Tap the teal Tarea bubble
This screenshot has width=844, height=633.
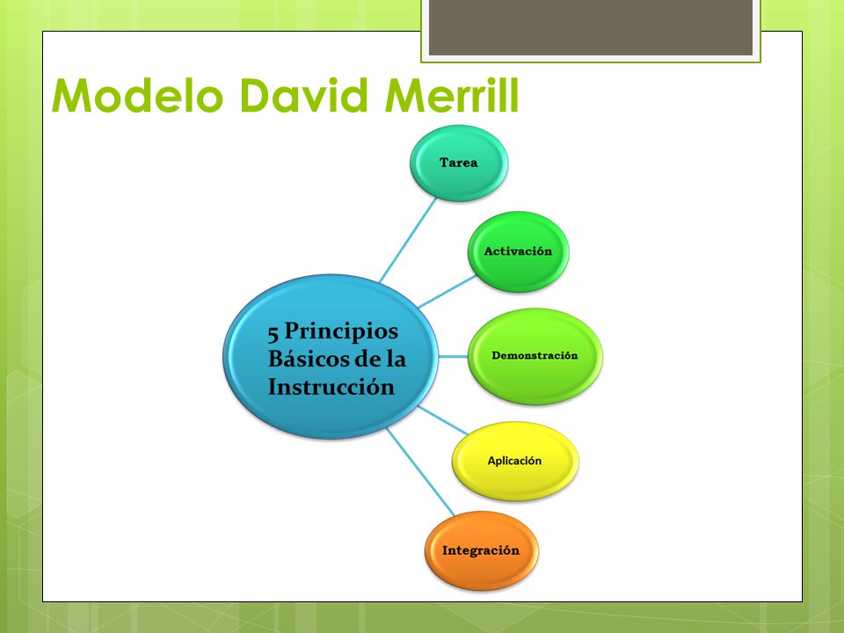pos(460,164)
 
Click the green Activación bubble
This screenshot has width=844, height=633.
pos(518,251)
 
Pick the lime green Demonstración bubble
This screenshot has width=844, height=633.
pos(535,356)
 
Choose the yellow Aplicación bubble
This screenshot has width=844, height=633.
pos(515,461)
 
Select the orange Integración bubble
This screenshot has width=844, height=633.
pos(481,551)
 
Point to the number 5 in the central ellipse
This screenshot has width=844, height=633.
pos(273,332)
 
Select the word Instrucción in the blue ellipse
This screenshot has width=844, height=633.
pos(331,387)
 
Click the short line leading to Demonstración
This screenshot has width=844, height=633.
pos(452,356)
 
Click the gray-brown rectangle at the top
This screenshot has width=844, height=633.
pos(590,27)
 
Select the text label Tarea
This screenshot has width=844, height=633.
pos(460,164)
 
